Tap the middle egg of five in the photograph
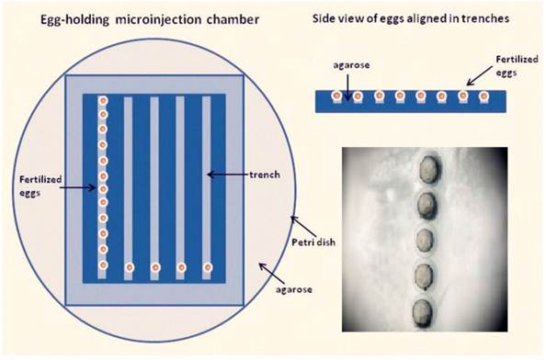click(x=424, y=242)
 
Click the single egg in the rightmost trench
click(x=208, y=268)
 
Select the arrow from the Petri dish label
click(x=298, y=225)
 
